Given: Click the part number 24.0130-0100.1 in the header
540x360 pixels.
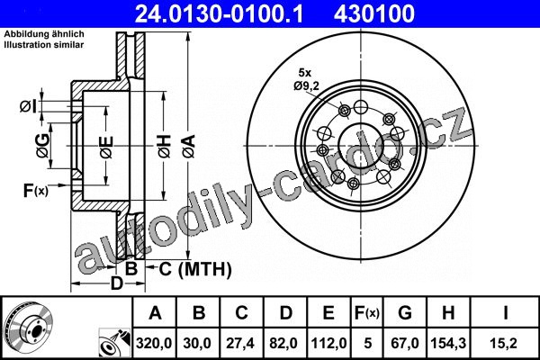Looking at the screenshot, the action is coord(219,13).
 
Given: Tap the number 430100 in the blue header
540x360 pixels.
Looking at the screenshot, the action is coord(374,13).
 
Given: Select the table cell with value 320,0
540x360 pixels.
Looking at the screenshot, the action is coord(154,343).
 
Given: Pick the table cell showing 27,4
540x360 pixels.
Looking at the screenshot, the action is coord(240,343).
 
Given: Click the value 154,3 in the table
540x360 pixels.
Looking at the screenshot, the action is coord(448,343).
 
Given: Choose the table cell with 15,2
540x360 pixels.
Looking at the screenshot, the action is coord(505,343).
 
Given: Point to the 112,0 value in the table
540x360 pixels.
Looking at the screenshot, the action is coord(328,343).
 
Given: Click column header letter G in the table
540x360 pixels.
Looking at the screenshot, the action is coord(405,313).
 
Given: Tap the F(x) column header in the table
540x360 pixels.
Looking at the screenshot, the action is coord(367,313).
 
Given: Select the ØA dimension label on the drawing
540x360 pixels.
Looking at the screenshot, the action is coord(189,147).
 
